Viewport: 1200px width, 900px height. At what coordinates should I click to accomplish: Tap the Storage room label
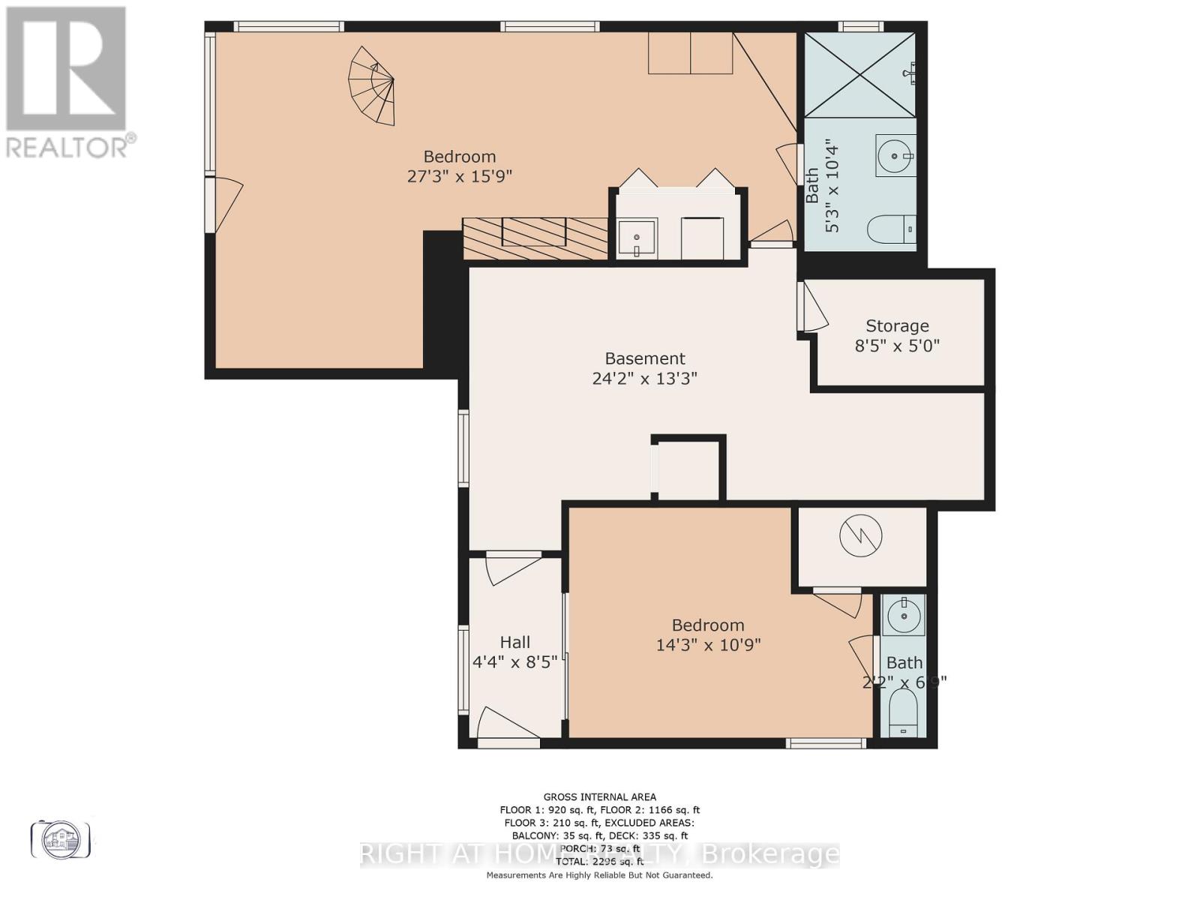click(897, 325)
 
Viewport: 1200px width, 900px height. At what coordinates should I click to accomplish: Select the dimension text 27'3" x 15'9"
click(459, 177)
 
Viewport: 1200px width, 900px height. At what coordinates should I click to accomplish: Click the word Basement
click(645, 358)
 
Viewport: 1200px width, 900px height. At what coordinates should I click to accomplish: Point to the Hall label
click(515, 642)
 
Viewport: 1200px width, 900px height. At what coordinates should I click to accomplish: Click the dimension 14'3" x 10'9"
click(708, 645)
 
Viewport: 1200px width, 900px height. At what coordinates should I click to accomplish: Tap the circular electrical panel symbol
click(861, 535)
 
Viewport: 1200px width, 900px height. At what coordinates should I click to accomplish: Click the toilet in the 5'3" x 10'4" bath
click(892, 228)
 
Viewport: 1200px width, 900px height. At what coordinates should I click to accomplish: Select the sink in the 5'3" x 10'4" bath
click(895, 156)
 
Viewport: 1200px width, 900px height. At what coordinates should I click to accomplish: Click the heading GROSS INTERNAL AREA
click(599, 796)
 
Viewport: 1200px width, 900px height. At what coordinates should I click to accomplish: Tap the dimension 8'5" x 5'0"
click(897, 346)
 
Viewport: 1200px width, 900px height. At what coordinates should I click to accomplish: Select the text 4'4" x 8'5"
click(515, 662)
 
